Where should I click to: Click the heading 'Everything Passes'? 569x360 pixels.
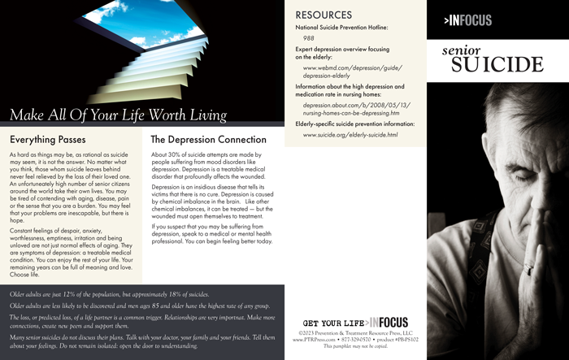pyautogui.click(x=48, y=139)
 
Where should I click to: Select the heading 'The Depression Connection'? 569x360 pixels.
pyautogui.click(x=208, y=139)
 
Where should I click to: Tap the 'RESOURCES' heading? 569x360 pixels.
pyautogui.click(x=324, y=15)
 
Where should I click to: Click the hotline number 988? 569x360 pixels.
pyautogui.click(x=309, y=38)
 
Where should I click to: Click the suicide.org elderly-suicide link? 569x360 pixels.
pyautogui.click(x=350, y=135)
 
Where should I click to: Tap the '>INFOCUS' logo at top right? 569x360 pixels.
pyautogui.click(x=468, y=20)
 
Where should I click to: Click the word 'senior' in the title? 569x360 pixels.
pyautogui.click(x=461, y=50)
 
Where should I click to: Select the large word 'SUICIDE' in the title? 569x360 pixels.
pyautogui.click(x=497, y=65)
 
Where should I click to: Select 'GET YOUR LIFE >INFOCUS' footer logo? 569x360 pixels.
pyautogui.click(x=351, y=322)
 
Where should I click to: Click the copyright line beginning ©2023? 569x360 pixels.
pyautogui.click(x=351, y=332)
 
